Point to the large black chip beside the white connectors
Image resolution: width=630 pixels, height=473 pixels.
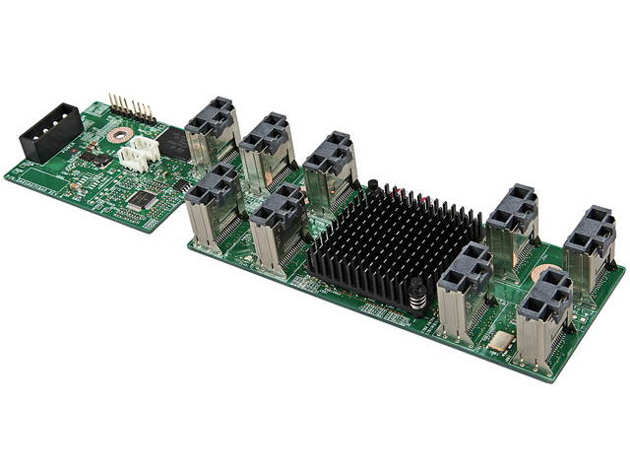click(173, 144)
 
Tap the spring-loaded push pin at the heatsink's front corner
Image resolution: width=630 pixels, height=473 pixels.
click(418, 295)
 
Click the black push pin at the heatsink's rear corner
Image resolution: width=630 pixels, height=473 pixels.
click(374, 185)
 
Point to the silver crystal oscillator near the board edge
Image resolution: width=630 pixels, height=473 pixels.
click(499, 341)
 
